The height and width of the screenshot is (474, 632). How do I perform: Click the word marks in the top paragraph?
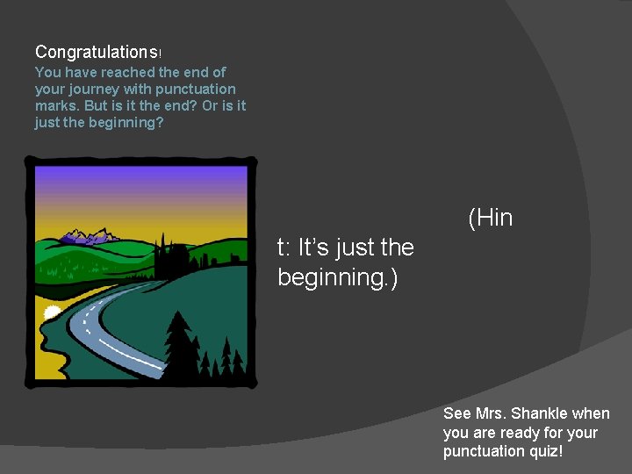tap(57, 105)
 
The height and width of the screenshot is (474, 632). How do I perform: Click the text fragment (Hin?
tap(490, 218)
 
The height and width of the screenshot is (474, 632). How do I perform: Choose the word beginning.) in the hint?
tap(337, 277)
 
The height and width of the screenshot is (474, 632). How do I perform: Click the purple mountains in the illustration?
tap(87, 235)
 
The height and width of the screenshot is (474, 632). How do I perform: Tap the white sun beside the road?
tap(52, 312)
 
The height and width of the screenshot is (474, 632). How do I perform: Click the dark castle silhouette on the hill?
tap(172, 255)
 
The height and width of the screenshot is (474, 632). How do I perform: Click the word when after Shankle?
tap(590, 413)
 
